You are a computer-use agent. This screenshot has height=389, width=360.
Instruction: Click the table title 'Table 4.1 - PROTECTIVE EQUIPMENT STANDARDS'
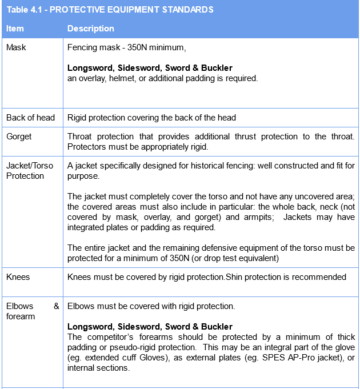pos(110,10)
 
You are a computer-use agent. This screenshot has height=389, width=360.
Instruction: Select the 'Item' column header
pos(15,28)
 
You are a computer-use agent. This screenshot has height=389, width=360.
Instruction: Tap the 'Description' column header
pos(90,28)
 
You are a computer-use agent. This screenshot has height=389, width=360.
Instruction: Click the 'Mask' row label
pos(16,47)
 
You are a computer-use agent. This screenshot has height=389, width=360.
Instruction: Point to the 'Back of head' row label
pos(30,118)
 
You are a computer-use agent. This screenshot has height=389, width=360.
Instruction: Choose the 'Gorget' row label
pos(19,137)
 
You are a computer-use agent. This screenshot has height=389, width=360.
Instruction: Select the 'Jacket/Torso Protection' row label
pos(30,171)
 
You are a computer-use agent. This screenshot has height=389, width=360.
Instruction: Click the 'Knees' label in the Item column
pos(18,277)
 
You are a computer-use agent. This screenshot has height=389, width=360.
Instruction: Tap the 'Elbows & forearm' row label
pos(33,311)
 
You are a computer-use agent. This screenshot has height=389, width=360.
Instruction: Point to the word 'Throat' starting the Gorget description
pos(81,137)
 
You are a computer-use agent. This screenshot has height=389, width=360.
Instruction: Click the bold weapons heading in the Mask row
pos(150,68)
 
